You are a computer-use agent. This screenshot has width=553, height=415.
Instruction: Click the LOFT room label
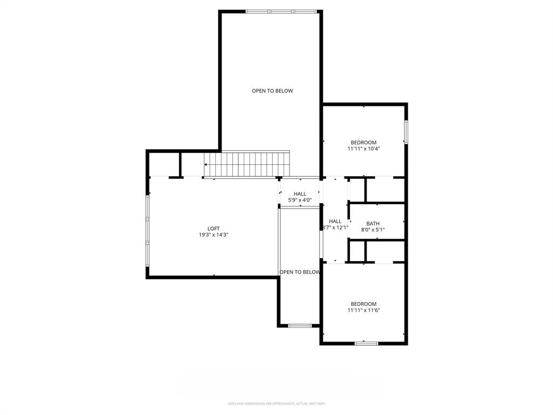click(x=214, y=229)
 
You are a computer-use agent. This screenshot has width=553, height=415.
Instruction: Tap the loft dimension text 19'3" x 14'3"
click(x=214, y=235)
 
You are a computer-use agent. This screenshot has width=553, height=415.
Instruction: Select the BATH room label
click(x=373, y=223)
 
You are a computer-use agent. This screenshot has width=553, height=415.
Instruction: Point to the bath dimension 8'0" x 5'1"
click(x=373, y=230)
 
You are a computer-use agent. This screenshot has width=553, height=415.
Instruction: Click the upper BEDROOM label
click(x=363, y=143)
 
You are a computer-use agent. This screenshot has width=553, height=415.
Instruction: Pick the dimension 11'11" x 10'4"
click(x=363, y=149)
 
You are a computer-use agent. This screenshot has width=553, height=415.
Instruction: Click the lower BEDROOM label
click(x=363, y=304)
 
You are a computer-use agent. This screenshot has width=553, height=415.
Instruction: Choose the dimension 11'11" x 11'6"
click(x=363, y=310)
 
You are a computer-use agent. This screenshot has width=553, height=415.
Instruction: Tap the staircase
click(x=247, y=164)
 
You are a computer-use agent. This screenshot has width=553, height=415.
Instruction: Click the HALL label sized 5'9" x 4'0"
click(x=300, y=194)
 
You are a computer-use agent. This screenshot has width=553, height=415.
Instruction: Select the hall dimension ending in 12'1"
click(x=335, y=227)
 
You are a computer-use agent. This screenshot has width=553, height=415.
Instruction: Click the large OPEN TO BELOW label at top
click(x=272, y=91)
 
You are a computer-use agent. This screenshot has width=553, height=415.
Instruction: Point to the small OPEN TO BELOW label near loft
click(x=300, y=272)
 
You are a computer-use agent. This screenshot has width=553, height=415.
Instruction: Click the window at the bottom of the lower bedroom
click(x=366, y=343)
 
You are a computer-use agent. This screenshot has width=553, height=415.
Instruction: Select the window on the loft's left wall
click(x=147, y=230)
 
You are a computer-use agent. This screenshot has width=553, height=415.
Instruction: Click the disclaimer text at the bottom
click(x=276, y=404)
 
